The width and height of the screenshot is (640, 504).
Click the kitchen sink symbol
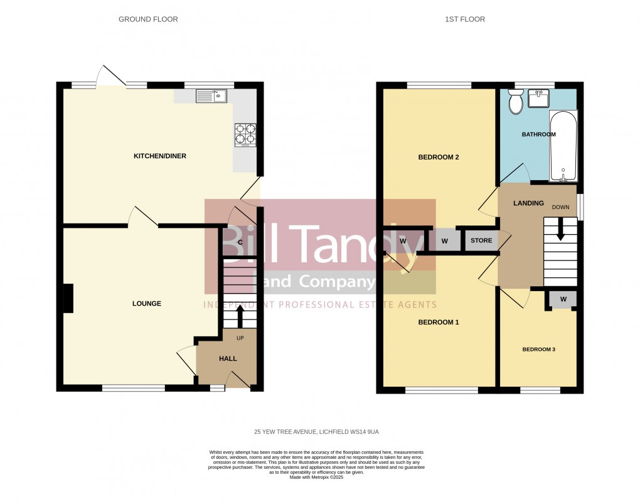tap(211, 96)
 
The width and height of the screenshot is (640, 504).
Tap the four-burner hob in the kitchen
tap(245, 135)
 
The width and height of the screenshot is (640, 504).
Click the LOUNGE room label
tap(147, 304)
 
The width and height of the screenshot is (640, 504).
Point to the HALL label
tap(228, 358)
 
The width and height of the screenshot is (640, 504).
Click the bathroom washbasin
tap(538, 98)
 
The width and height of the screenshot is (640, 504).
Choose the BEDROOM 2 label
tap(439, 158)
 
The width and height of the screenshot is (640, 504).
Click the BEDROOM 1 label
tap(439, 323)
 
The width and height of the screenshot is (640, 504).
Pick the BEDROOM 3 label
tap(538, 350)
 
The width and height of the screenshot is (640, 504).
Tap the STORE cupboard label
tap(482, 240)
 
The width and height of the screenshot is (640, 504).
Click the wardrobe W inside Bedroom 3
tap(563, 299)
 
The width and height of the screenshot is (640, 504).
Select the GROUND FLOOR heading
tap(148, 19)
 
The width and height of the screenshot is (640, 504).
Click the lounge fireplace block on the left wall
tap(68, 298)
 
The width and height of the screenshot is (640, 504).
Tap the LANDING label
tap(525, 203)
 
